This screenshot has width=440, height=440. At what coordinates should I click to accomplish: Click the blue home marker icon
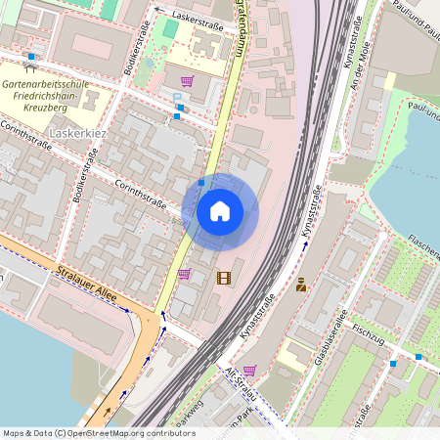point(220,211)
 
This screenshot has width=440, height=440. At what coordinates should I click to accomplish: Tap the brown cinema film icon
point(225,278)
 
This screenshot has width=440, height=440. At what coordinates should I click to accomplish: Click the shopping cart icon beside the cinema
point(184,274)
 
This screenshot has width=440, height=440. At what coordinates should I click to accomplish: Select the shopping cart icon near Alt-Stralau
point(248,371)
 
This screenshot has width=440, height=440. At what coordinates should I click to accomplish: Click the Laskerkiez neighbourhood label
point(78,131)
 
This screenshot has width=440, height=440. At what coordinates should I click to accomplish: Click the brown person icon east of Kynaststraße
point(301,286)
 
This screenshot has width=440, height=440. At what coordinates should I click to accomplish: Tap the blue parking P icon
point(177,98)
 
